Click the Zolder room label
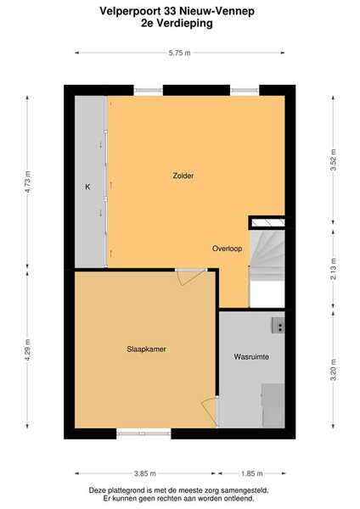point(183,176)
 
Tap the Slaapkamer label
point(146,349)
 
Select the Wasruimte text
point(251,357)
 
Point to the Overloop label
point(227,249)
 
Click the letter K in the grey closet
point(87,187)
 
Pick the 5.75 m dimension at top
point(180,53)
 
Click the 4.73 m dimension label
point(28,182)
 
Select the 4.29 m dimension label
point(28,350)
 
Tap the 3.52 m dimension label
point(333,159)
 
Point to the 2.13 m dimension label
point(333,269)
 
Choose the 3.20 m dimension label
point(333,370)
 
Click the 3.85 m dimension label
point(145,473)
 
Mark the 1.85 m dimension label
point(252,473)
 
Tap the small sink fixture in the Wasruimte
point(278,326)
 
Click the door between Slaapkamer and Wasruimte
point(209,411)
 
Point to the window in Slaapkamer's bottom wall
point(143,433)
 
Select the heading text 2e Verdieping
point(177,24)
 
